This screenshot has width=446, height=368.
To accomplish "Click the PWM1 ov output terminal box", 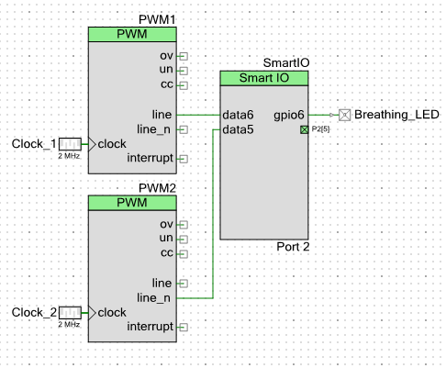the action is tap(184, 56).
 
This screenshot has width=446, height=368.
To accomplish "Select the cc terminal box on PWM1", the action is tap(184, 85).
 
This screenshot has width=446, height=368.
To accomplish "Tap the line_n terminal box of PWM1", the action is tap(184, 129).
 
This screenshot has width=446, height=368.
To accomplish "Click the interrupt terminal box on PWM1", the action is tap(184, 159).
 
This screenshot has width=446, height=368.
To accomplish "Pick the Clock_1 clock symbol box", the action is tap(70, 144).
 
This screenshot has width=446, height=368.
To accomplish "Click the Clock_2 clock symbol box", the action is tap(70, 313).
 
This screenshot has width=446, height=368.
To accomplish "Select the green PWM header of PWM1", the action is tap(132, 35).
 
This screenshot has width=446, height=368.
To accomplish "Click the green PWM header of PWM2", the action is tap(132, 203).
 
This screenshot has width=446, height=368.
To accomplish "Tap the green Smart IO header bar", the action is tap(264, 78).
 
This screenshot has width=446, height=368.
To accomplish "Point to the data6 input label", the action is tap(238, 115).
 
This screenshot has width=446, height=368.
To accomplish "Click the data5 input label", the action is tap(238, 129).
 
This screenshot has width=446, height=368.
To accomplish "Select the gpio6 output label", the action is tap(289, 115).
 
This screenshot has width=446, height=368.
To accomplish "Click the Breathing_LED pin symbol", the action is tap(345, 115).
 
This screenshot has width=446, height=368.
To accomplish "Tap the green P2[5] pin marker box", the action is tap(305, 129).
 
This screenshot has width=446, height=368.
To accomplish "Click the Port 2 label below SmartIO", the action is tap(293, 247).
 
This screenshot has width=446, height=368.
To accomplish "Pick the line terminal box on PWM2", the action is tap(184, 284).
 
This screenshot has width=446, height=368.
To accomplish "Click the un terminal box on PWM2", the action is tap(184, 240).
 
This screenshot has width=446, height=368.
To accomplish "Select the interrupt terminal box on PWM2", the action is tap(184, 328).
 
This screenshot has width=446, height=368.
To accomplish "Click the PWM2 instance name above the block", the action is tap(157, 188).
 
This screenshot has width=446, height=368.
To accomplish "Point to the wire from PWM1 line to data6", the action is tap(198, 115).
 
